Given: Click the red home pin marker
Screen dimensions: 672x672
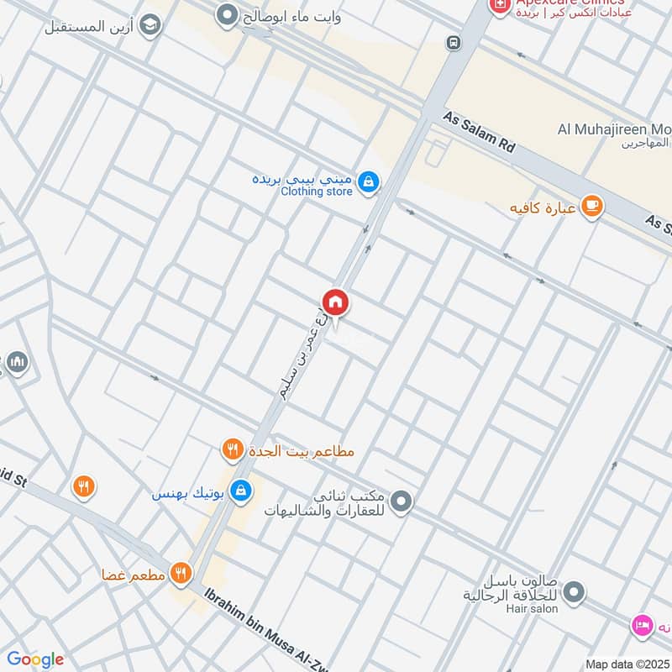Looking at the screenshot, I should click(x=335, y=303).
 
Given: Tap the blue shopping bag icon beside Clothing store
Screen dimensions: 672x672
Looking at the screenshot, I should click(x=367, y=181).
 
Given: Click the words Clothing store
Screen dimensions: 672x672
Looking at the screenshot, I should click(x=316, y=192).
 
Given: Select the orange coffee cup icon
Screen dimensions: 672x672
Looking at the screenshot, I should click(x=592, y=207).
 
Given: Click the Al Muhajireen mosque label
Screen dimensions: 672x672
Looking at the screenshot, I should click(x=614, y=130).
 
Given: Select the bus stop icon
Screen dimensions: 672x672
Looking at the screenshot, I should click(x=454, y=42).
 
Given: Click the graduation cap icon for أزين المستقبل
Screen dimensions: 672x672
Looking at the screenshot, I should click(x=150, y=26).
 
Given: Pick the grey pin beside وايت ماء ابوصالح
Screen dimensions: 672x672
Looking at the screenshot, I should click(x=226, y=14).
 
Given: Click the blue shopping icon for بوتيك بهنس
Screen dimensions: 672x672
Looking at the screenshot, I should click(x=241, y=489).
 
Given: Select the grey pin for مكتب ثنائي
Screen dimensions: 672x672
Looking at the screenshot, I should click(x=402, y=502).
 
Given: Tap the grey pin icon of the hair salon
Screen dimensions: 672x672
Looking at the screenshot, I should click(x=575, y=593).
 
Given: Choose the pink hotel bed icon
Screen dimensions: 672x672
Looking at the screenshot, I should click(x=642, y=625).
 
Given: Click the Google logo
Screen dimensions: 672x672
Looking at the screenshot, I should click(x=35, y=659).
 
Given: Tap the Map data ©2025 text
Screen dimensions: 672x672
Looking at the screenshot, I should click(x=626, y=663).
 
